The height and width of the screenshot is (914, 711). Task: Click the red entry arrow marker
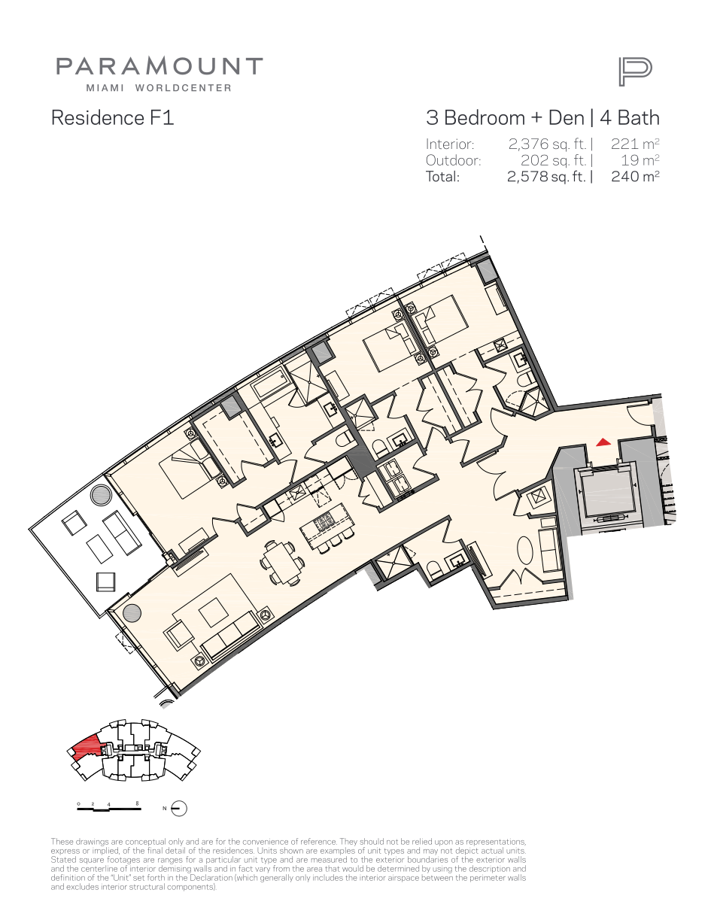pyautogui.click(x=603, y=442)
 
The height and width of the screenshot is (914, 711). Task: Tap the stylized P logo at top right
pyautogui.click(x=635, y=72)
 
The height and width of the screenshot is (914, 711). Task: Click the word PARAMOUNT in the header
pyautogui.click(x=160, y=66)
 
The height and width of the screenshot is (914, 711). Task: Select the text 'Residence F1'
pyautogui.click(x=112, y=117)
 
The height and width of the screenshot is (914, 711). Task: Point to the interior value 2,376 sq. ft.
pyautogui.click(x=547, y=144)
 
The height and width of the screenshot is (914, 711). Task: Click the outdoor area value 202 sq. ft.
pyautogui.click(x=554, y=160)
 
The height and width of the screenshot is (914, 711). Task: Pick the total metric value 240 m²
pyautogui.click(x=635, y=176)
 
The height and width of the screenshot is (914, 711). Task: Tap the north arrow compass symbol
pyautogui.click(x=179, y=808)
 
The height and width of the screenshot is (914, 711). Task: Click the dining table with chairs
pyautogui.click(x=282, y=563)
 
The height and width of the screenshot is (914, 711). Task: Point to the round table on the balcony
pyautogui.click(x=101, y=493)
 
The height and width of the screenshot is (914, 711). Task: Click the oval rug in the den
pyautogui.click(x=525, y=552)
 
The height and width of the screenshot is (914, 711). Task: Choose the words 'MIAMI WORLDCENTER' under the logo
pyautogui.click(x=159, y=88)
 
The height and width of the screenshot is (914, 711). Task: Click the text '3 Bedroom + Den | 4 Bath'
pyautogui.click(x=542, y=118)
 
